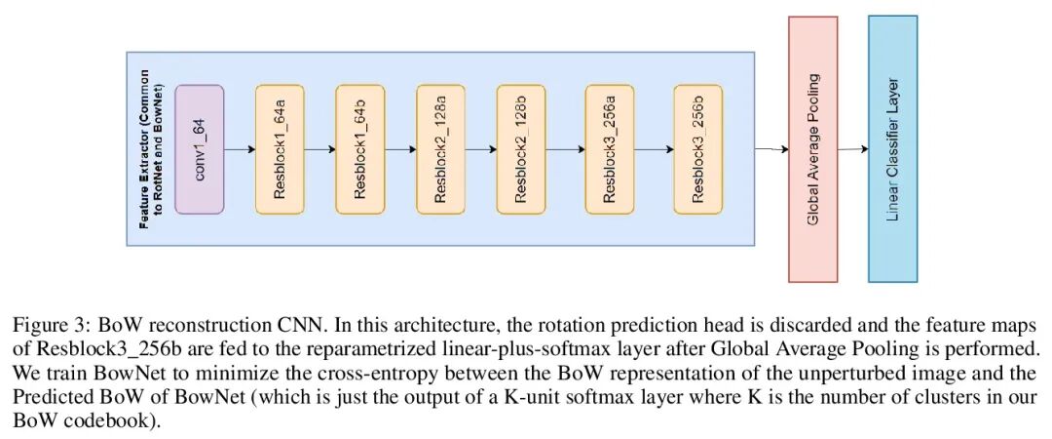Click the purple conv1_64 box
coord(199,149)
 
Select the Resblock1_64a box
coord(280,149)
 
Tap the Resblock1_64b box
coord(359,149)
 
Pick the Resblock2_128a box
coord(440,149)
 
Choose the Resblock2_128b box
coord(520,149)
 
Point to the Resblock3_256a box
coord(610,149)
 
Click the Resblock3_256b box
coord(697,149)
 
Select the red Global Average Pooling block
coord(813,149)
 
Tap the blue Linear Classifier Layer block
coord(892,149)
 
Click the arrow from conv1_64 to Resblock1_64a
coord(240,150)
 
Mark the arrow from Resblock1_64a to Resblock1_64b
coord(319,150)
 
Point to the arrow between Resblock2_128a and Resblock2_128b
coord(480,150)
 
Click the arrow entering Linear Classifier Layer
coord(853,149)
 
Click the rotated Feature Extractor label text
coord(149,150)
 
